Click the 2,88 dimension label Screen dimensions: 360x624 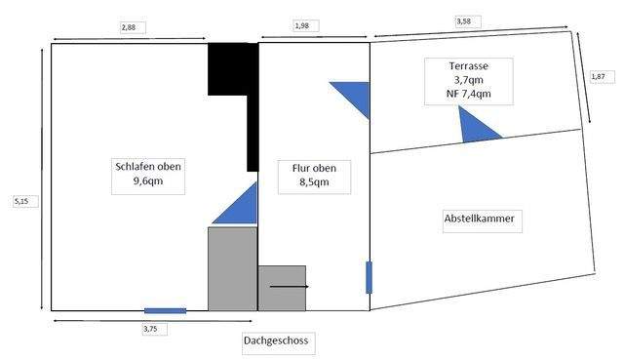(129, 27)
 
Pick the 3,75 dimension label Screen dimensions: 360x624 (150, 329)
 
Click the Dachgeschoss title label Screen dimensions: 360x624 (280, 341)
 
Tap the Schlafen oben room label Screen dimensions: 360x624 (148, 174)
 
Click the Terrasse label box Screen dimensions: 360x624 (469, 80)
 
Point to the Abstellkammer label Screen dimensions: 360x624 (479, 220)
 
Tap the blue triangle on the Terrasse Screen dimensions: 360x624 (478, 127)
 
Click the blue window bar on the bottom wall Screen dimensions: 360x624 (165, 310)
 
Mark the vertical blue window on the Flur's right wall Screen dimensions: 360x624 (369, 277)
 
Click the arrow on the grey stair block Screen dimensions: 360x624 (290, 287)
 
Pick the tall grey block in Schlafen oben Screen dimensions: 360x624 (232, 268)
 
